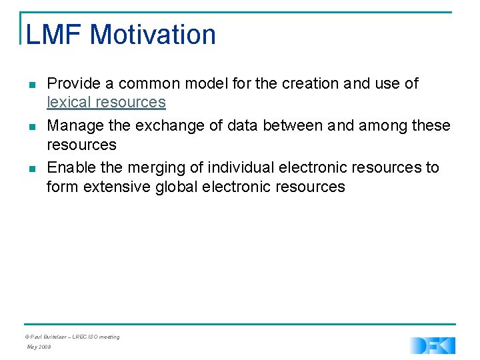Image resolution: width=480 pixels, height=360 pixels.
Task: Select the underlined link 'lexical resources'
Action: coord(106,102)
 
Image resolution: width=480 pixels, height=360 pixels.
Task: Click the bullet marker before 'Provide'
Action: coord(32,85)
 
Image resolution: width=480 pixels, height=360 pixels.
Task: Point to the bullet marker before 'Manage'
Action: coord(32,127)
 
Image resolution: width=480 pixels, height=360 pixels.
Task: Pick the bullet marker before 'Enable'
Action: coord(32,168)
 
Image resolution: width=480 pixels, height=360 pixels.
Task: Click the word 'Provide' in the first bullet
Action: coord(74,84)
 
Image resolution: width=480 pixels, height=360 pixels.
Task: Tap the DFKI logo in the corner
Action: coord(433,345)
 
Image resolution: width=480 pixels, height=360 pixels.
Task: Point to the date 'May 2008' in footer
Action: coord(38,347)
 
